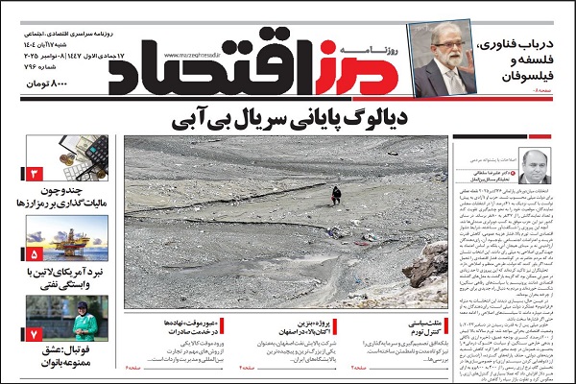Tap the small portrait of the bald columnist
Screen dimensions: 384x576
(530, 168)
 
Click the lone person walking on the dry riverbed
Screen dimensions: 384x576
(336, 194)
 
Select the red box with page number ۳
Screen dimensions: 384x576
(34, 176)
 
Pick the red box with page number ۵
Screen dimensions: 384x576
(34, 255)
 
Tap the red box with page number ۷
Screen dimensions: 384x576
(34, 334)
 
